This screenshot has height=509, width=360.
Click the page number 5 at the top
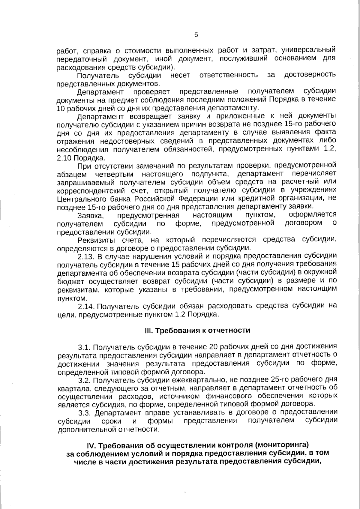point(196,35)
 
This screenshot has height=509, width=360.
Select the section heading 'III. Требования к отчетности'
point(197,331)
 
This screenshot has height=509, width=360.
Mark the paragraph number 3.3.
point(84,413)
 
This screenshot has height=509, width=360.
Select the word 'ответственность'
point(228,75)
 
